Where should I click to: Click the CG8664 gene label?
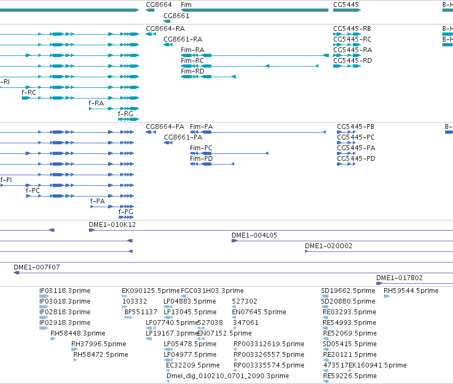159,5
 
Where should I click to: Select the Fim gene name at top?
186,5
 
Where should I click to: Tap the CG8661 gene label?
176,15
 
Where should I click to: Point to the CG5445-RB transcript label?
352,29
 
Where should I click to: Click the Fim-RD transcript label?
192,71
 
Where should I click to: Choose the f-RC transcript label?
29,93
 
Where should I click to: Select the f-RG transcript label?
126,113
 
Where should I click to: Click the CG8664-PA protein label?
164,127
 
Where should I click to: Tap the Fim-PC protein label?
201,148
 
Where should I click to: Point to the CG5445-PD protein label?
356,159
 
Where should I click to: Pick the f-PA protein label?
97,201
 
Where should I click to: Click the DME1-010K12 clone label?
112,225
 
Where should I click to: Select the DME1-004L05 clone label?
254,235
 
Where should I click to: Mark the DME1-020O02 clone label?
328,246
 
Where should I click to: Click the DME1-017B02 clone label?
399,278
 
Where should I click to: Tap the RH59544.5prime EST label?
411,291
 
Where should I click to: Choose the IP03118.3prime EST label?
65,291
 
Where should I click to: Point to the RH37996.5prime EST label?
98,344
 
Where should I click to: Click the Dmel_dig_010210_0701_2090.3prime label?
228,375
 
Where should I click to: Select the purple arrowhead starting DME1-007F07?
17,273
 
